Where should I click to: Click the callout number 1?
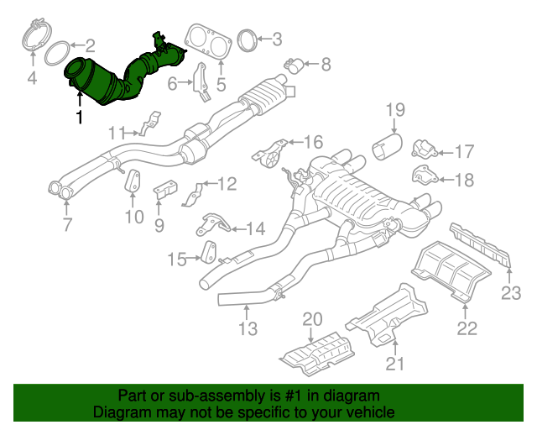point(79,118)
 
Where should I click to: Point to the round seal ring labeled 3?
point(247,40)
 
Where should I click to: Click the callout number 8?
point(326,63)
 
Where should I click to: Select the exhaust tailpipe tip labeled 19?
point(387,149)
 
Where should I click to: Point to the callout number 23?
point(511,292)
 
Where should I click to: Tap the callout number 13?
point(248,329)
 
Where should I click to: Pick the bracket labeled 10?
point(133,182)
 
